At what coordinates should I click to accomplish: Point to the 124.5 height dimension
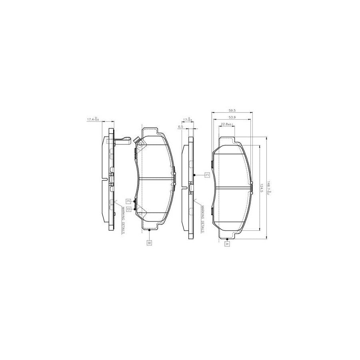262,186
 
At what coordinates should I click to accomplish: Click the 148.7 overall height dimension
270,186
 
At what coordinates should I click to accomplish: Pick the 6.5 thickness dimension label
180,126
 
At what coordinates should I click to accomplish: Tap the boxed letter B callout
149,242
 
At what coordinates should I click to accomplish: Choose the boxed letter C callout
207,175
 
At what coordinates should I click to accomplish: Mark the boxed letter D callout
129,208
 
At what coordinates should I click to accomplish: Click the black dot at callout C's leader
194,175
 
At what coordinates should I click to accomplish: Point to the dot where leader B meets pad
149,230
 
